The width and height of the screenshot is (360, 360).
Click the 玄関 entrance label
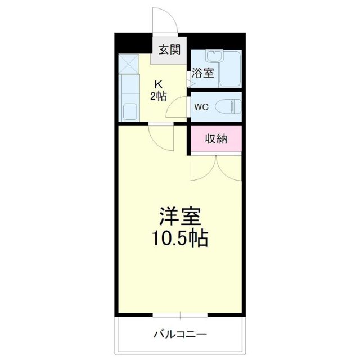tap(169, 50)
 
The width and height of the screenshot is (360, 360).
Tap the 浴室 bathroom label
tap(202, 72)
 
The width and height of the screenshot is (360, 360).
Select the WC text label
tap(201, 106)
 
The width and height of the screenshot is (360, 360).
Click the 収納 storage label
tap(215, 139)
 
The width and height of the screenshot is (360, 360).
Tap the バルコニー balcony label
tap(180, 335)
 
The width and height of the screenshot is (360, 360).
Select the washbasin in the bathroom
tap(213, 57)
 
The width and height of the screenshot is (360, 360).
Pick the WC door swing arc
tap(179, 105)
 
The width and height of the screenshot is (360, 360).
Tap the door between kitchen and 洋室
tap(162, 137)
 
